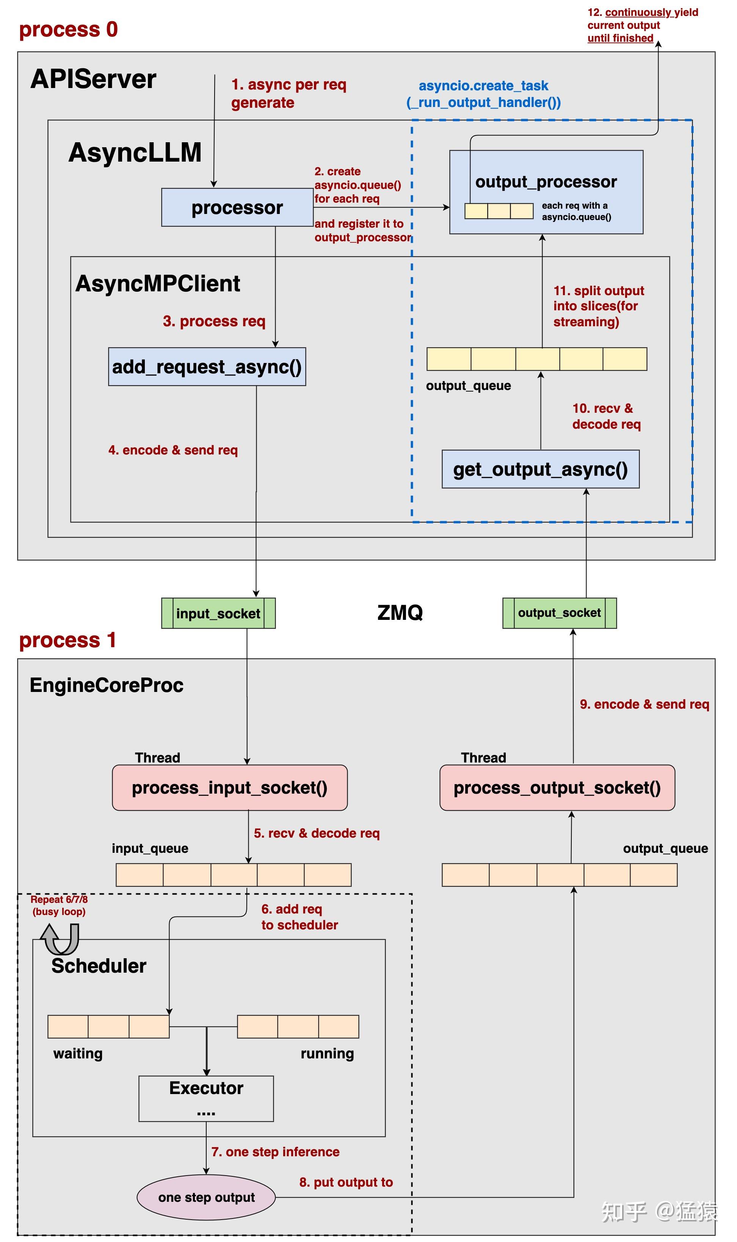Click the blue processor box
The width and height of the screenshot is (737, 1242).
[x=237, y=207]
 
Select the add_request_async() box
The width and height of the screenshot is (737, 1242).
[x=207, y=366]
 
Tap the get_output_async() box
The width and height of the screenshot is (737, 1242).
[x=540, y=469]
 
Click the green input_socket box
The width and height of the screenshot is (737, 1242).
[x=218, y=613]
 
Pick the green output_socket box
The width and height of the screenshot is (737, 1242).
[x=560, y=613]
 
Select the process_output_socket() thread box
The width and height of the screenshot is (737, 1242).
[x=557, y=788]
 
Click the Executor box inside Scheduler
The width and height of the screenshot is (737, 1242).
[x=206, y=1099]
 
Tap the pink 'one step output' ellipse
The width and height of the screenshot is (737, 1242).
[x=206, y=1197]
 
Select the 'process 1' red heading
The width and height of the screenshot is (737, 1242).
[x=67, y=640]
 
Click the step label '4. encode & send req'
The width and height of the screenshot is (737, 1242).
[x=173, y=450]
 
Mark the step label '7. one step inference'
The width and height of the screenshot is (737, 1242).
[x=276, y=1152]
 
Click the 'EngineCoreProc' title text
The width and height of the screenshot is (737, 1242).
[x=107, y=685]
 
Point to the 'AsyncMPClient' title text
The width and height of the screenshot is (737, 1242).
[x=158, y=284]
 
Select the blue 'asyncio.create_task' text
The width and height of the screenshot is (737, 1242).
[x=484, y=86]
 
